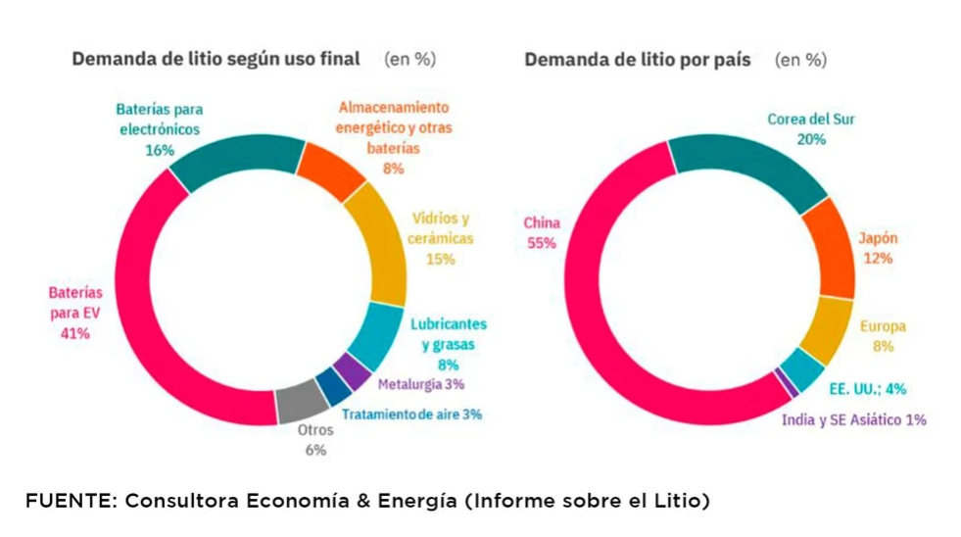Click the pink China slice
607,323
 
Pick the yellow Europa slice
825,329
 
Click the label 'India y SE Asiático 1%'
853,419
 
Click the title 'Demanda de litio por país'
638,60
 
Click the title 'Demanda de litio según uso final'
216,59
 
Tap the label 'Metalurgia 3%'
419,383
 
